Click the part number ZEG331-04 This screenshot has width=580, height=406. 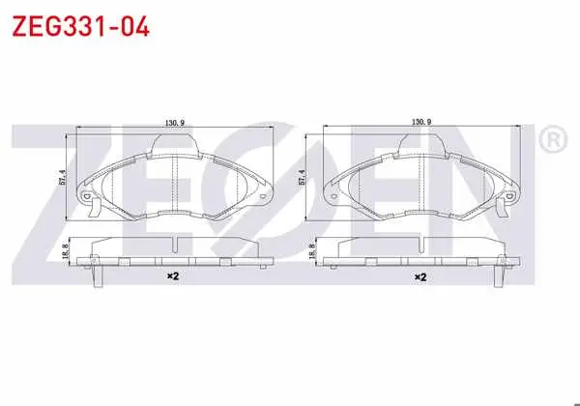[x=81, y=26]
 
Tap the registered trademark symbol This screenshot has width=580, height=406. [x=553, y=139]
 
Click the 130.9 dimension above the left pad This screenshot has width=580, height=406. [x=175, y=123]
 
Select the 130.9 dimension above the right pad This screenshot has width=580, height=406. [x=421, y=122]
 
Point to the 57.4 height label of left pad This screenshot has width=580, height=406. [x=62, y=177]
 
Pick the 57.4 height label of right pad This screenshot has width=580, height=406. [x=302, y=177]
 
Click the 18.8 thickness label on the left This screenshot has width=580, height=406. [x=66, y=251]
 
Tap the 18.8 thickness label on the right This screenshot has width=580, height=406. [x=312, y=251]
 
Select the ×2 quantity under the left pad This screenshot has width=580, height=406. [x=173, y=275]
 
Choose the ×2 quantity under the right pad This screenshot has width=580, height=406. [x=420, y=277]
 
